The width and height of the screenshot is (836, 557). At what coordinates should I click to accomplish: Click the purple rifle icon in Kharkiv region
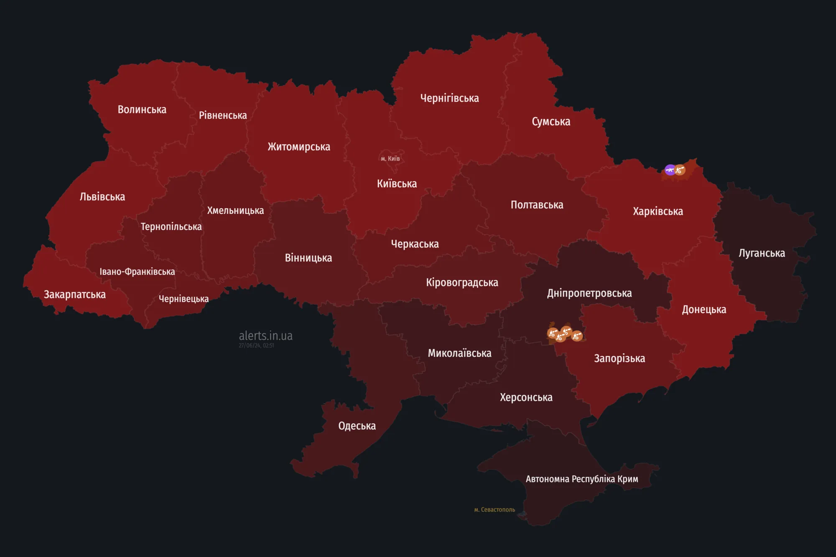670,170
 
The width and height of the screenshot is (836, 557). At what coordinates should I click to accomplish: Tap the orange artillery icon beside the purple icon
680,170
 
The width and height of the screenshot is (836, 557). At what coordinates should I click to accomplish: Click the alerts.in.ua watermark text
265,336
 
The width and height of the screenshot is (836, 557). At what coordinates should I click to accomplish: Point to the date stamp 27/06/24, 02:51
256,346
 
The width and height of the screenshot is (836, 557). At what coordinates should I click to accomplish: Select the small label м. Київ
390,159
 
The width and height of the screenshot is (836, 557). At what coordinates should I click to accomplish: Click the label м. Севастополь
494,510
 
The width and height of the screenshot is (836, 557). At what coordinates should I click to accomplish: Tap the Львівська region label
102,197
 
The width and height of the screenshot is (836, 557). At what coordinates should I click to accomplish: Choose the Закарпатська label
75,295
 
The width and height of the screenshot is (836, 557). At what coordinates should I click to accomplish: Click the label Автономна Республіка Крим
581,479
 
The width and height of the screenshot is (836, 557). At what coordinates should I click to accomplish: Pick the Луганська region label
762,253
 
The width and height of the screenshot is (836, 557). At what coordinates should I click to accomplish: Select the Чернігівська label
449,98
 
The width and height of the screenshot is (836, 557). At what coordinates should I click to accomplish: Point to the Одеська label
357,426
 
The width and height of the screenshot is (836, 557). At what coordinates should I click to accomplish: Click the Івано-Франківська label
137,272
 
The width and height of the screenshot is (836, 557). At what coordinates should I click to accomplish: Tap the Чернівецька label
184,299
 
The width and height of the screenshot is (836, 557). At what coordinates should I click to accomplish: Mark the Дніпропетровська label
589,293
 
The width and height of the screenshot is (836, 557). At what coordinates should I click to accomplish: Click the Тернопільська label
171,226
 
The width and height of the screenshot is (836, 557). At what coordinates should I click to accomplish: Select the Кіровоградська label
462,282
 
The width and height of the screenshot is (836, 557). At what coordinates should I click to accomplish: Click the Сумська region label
551,122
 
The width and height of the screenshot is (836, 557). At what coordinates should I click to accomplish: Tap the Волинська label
142,109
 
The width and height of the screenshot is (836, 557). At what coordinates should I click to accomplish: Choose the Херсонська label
526,397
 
